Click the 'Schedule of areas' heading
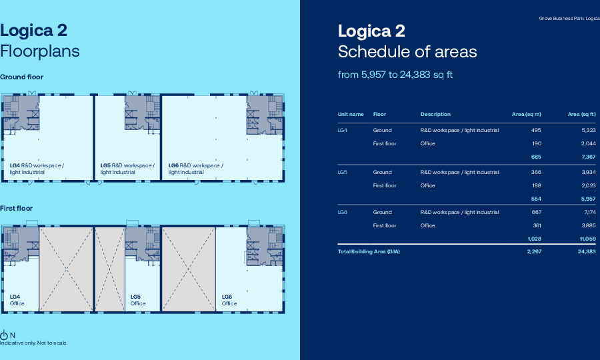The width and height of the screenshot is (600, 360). coord(407,52)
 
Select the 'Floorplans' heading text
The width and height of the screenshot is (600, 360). coord(40,51)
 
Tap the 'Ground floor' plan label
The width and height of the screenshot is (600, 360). coord(21,77)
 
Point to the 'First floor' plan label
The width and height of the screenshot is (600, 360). coord(16,209)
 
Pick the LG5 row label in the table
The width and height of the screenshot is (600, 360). coord(343,172)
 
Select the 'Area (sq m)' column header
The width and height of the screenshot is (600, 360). coord(526,114)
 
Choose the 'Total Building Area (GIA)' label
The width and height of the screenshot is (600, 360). coord(369,251)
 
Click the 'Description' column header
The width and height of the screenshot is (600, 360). coord(435,114)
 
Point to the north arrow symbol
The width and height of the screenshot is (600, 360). coord(5,335)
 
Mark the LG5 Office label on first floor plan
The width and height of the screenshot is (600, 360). coord(137,300)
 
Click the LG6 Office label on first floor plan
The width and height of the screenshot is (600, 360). coord(229,300)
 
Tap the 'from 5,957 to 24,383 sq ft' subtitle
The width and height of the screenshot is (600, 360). coord(395,75)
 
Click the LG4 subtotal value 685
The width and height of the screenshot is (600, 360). coord(535,157)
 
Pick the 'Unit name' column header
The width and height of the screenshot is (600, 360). coord(351,114)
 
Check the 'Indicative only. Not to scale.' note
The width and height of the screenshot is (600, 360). coord(34,343)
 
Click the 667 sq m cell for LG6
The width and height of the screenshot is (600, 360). coord(536,212)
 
